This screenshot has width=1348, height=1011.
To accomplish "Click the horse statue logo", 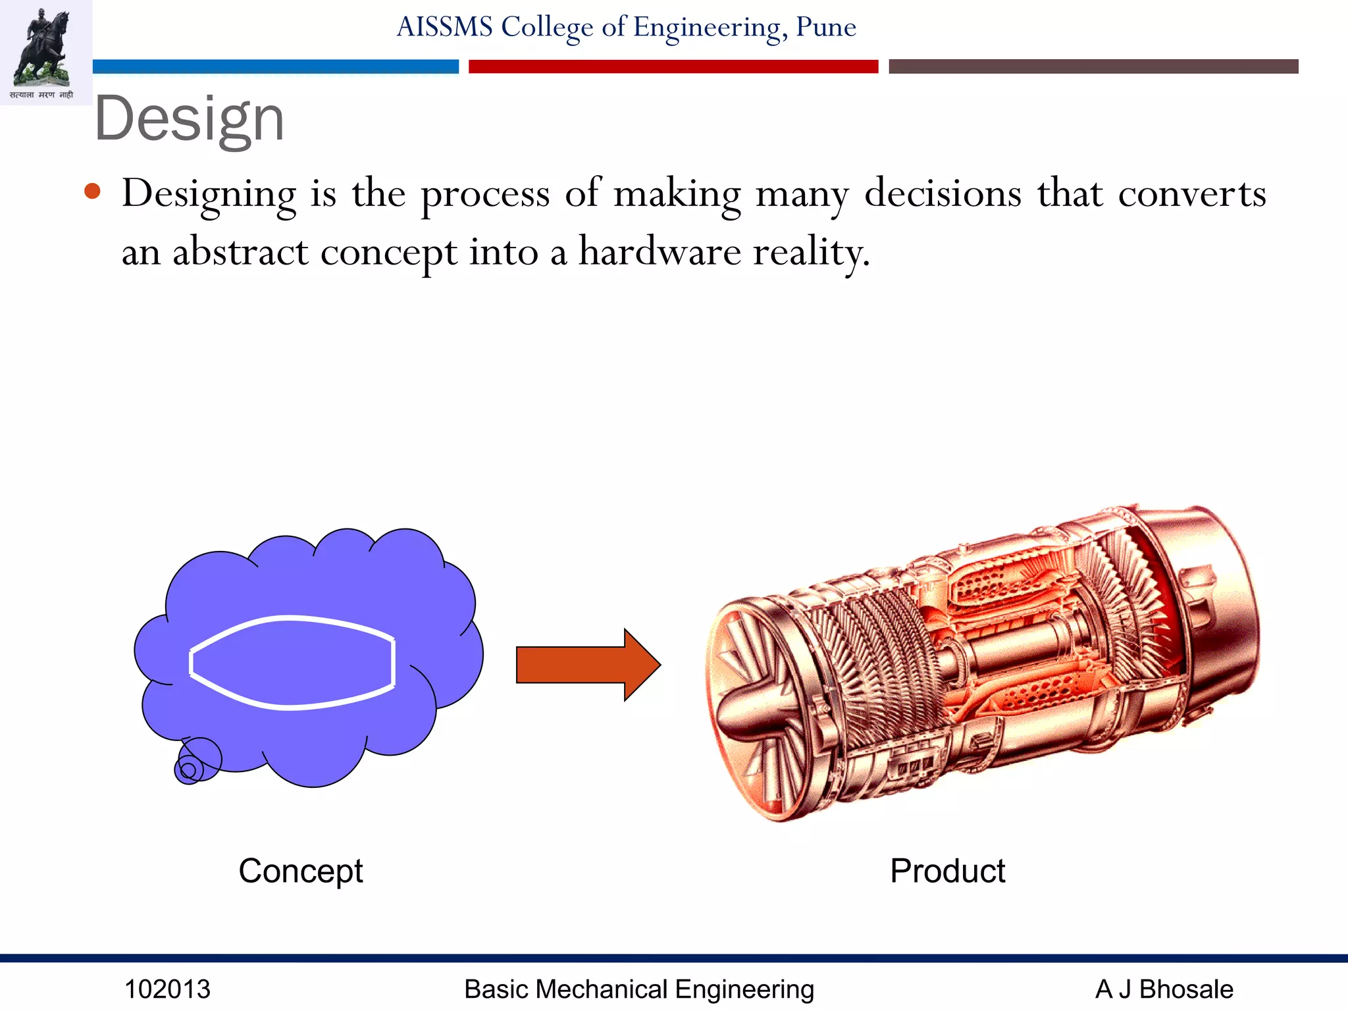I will pyautogui.click(x=43, y=49).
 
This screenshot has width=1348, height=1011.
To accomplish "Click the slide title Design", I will pyautogui.click(x=189, y=119).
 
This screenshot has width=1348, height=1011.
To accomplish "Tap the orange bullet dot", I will pyautogui.click(x=93, y=192).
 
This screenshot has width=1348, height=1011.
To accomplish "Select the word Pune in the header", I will pyautogui.click(x=825, y=28).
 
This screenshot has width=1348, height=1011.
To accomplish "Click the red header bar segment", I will pyautogui.click(x=673, y=66).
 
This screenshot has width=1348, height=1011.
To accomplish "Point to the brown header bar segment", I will pyautogui.click(x=1093, y=66).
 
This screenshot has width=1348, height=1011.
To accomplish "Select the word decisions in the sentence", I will pyautogui.click(x=943, y=194).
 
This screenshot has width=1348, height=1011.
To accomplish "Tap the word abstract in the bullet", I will pyautogui.click(x=240, y=252).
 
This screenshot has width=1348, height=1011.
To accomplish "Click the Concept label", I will pyautogui.click(x=300, y=871).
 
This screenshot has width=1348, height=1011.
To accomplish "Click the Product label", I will pyautogui.click(x=947, y=871).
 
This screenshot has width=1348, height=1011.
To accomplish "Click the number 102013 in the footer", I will pyautogui.click(x=167, y=989).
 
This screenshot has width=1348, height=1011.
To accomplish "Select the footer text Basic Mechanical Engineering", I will pyautogui.click(x=638, y=989).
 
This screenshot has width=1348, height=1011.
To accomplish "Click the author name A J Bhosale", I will pyautogui.click(x=1163, y=989).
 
